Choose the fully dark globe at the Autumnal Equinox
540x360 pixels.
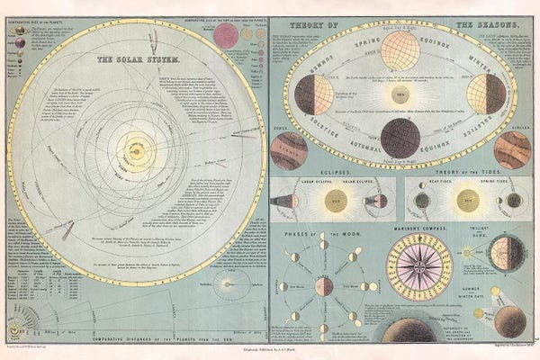click(400, 136)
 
